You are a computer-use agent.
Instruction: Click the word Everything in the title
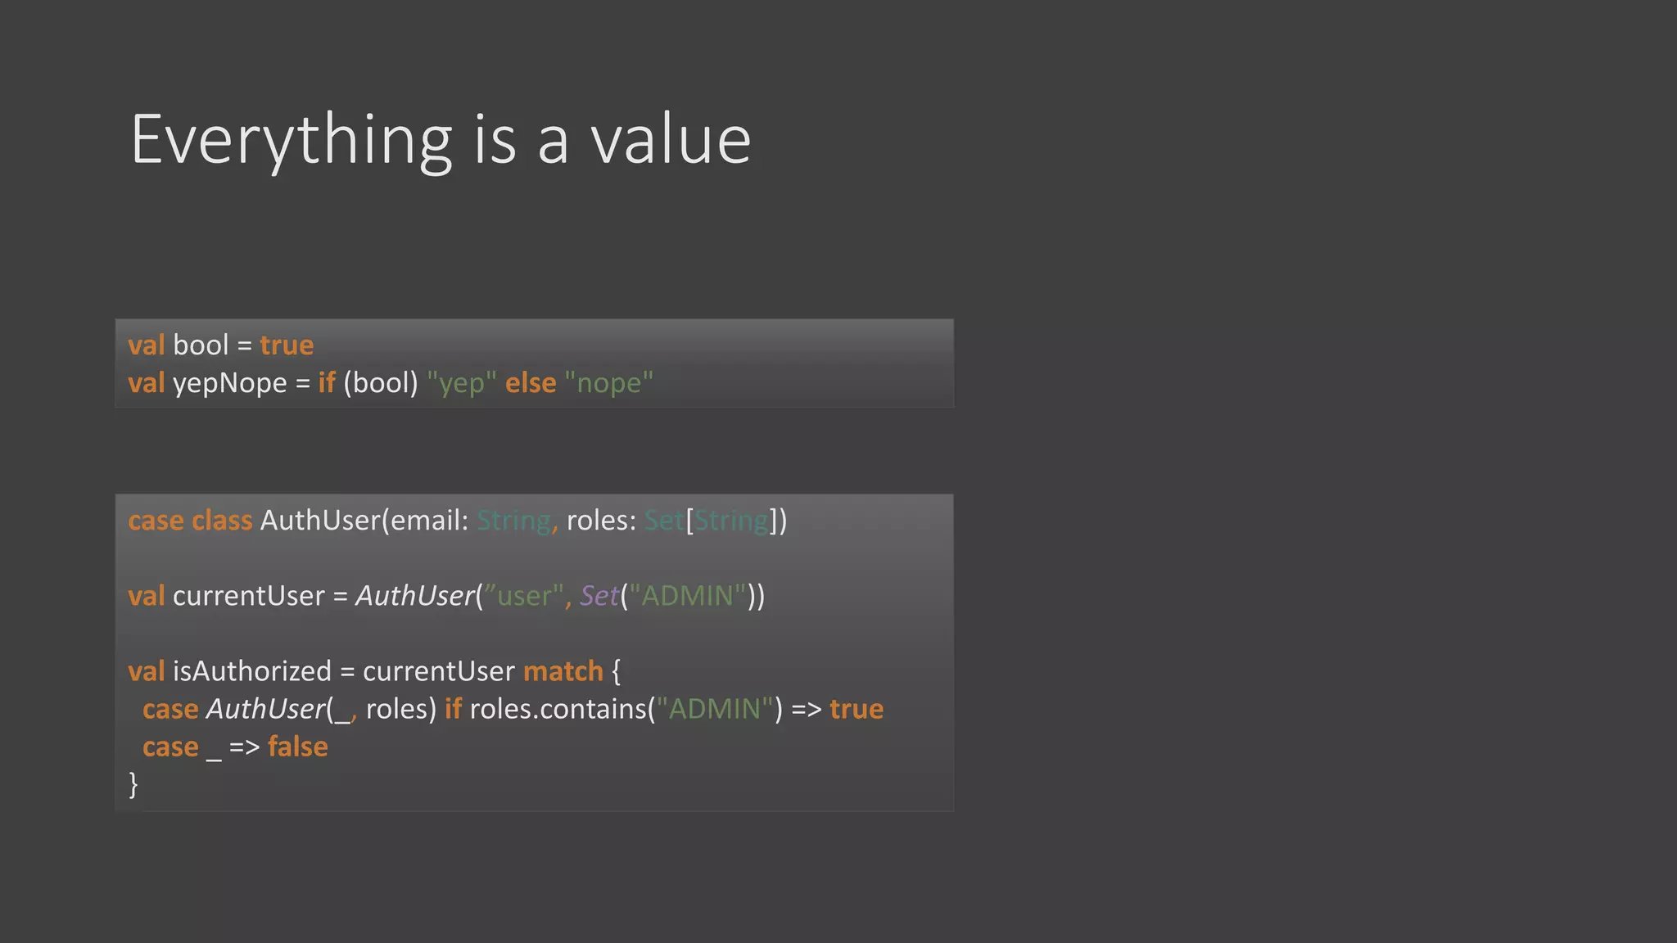pos(291,141)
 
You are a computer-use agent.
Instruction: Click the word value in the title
pos(671,141)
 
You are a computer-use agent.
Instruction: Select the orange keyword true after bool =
pos(287,345)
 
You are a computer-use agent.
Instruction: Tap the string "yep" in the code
pos(462,383)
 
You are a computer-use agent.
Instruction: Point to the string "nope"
pos(609,383)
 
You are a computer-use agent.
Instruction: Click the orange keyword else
pos(531,383)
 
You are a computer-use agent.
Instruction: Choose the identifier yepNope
pos(230,383)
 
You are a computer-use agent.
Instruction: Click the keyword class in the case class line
pos(222,521)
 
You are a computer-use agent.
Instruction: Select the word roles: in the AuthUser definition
pos(601,521)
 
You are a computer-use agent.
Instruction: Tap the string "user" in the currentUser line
pos(524,596)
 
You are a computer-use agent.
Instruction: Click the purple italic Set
pos(599,596)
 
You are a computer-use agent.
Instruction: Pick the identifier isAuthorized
pos(252,671)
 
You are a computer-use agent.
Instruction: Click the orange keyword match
pos(563,671)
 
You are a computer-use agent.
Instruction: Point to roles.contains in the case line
pos(557,709)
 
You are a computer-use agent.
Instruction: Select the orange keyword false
pos(298,747)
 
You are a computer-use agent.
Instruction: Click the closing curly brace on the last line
pos(133,784)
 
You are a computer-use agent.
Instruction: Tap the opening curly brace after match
pos(617,672)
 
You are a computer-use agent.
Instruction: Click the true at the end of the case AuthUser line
pos(857,709)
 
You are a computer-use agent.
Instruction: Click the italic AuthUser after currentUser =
pos(415,596)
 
